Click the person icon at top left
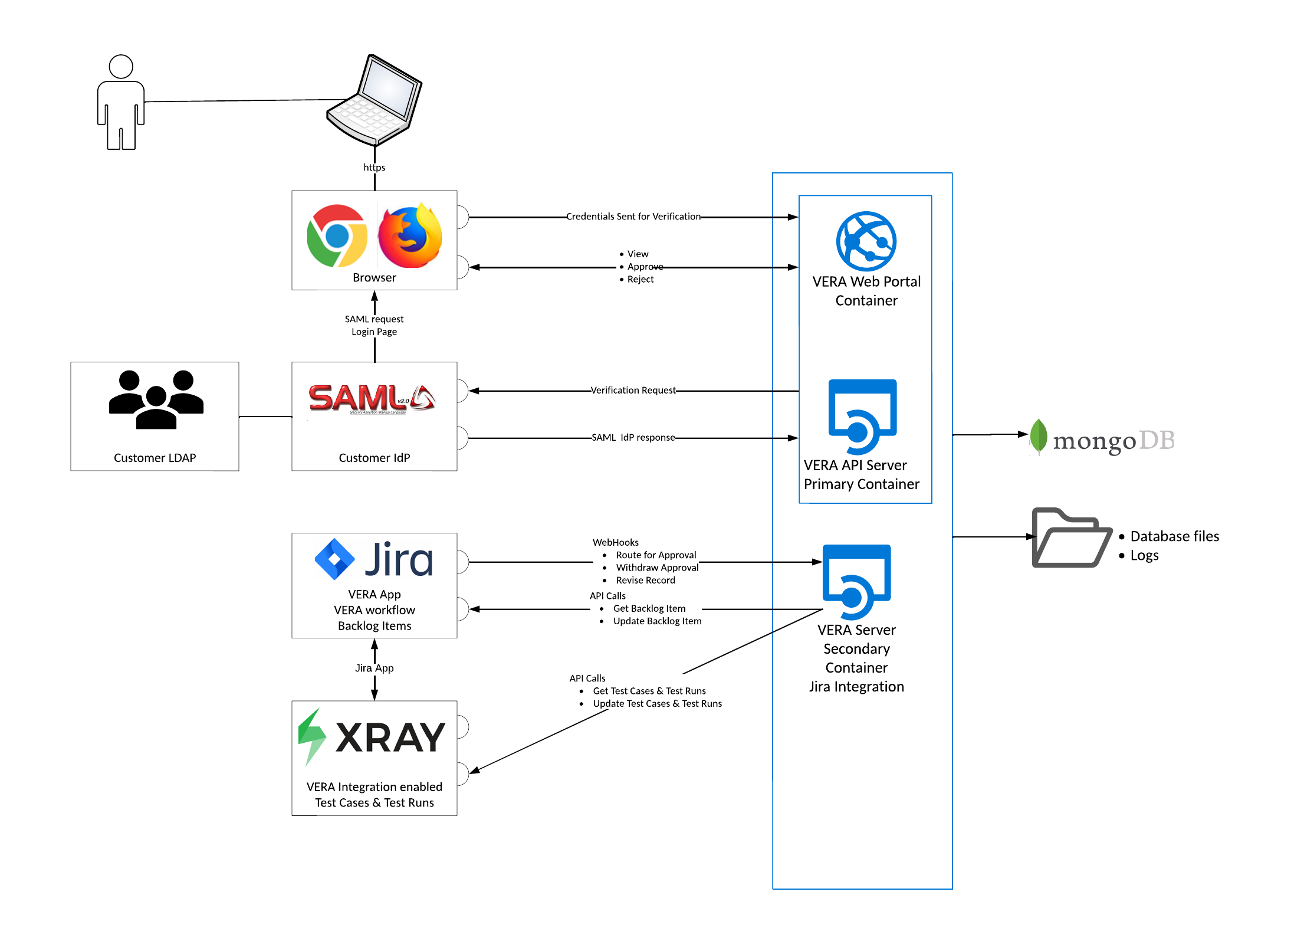(121, 102)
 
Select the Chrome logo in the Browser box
(337, 236)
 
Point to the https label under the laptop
(375, 168)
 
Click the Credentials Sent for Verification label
(633, 217)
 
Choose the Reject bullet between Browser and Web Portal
(640, 279)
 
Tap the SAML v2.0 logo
(372, 399)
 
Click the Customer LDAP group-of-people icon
(156, 399)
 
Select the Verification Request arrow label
(633, 390)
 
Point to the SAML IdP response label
(633, 437)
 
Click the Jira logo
(375, 559)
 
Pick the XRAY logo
(372, 737)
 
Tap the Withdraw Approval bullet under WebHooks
(657, 568)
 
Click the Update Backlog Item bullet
(657, 621)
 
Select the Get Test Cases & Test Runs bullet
(649, 691)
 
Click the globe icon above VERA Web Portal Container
(866, 241)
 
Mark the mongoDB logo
(1102, 438)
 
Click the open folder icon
(1071, 537)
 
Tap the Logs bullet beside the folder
(1144, 556)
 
